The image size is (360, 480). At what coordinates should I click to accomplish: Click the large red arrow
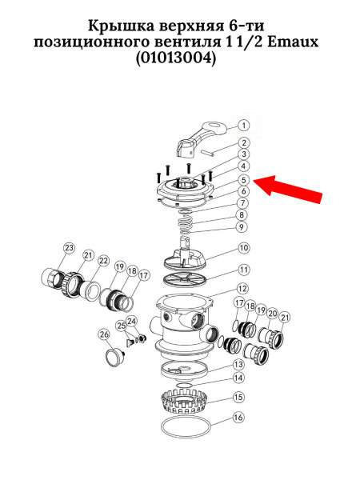tap(288, 189)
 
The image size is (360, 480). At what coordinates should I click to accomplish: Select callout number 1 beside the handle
tap(244, 126)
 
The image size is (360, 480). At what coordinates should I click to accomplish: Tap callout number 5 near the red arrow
tap(244, 180)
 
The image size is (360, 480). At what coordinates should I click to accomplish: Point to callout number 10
tap(244, 248)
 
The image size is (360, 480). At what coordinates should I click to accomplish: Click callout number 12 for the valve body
tap(242, 289)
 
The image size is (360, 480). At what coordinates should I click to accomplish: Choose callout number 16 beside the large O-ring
tap(238, 418)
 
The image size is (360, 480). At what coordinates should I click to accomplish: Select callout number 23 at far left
tap(69, 248)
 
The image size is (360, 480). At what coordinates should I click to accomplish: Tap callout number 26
tap(104, 334)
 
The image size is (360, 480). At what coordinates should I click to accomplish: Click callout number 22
tap(103, 261)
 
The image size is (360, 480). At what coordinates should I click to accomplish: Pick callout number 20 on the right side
tap(272, 314)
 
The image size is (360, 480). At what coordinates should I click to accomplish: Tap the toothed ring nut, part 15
tap(185, 401)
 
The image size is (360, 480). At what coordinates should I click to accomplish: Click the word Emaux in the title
tap(293, 42)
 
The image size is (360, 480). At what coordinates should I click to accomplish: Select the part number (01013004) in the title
tap(176, 58)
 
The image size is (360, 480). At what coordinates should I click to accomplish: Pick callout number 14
tap(238, 378)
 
